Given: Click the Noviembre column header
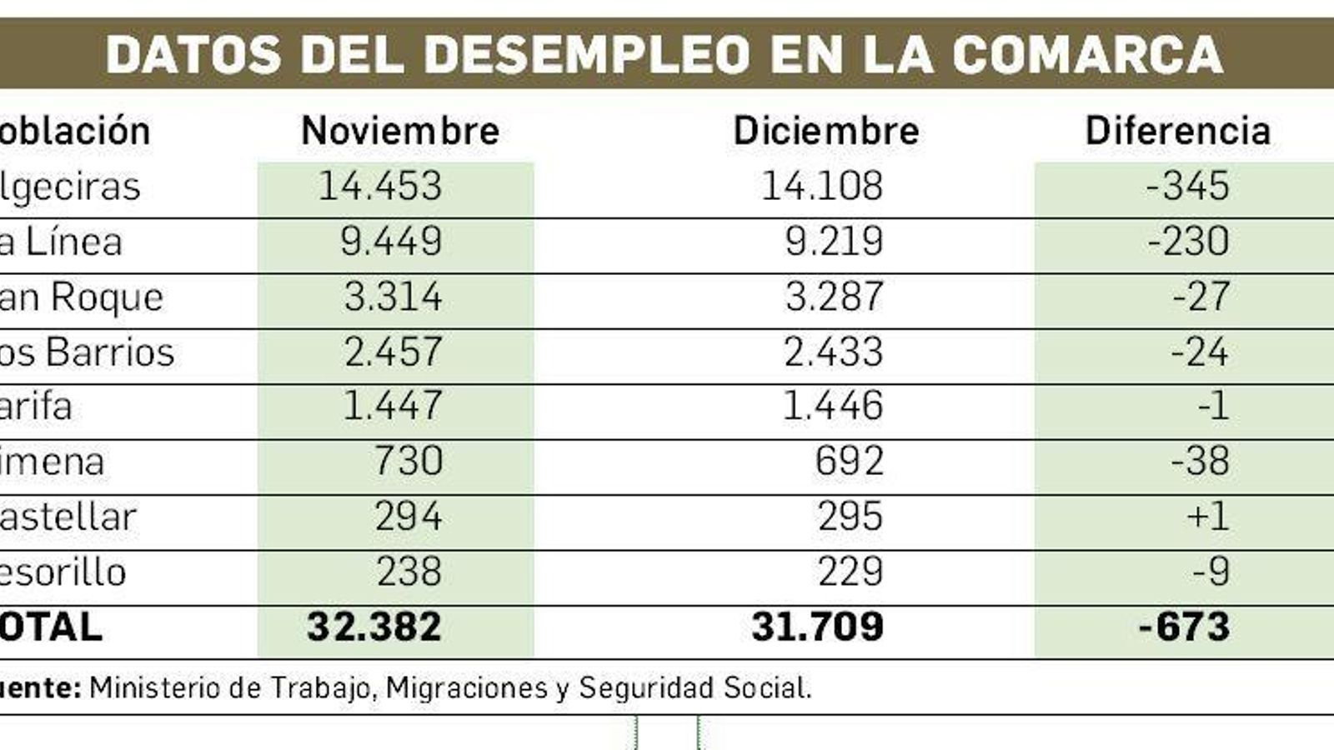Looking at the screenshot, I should click(400, 131).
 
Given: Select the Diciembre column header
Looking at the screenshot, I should click(825, 131).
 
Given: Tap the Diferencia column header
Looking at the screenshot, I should click(1177, 131).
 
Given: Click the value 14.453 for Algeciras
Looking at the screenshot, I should click(380, 186).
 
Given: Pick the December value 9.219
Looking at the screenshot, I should click(833, 241).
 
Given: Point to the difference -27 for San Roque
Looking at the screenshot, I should click(1201, 297).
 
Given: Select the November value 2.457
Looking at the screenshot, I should click(393, 352).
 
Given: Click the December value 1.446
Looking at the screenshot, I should click(833, 407).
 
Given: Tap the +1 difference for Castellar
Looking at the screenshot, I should click(1207, 517).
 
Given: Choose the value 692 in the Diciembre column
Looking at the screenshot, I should click(849, 462).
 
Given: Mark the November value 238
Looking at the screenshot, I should click(409, 572).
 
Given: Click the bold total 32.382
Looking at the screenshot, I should click(374, 627).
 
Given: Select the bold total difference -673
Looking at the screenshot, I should click(1184, 627).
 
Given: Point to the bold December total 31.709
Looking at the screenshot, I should click(817, 627).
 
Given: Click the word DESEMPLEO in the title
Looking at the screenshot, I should click(589, 55).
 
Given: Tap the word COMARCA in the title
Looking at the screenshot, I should click(1088, 55).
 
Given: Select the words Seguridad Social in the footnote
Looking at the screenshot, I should click(695, 688).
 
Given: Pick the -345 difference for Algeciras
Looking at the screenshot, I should click(1187, 186).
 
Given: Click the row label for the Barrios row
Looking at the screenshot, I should click(87, 352).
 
